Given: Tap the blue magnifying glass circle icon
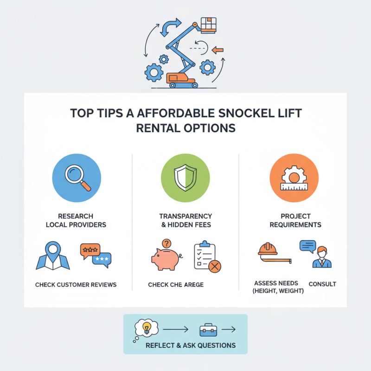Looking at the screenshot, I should pyautogui.click(x=76, y=179).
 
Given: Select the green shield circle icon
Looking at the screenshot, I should pyautogui.click(x=185, y=179).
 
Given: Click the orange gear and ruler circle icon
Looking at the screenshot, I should pyautogui.click(x=294, y=179).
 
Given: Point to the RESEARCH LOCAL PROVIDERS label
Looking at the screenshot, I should pyautogui.click(x=76, y=220).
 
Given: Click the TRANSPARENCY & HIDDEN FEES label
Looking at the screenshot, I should pyautogui.click(x=185, y=220).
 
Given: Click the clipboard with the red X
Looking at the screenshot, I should pyautogui.click(x=206, y=256).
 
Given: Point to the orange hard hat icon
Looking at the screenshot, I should pyautogui.click(x=268, y=249).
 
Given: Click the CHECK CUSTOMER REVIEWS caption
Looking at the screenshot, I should pyautogui.click(x=76, y=284).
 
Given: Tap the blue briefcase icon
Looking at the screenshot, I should pyautogui.click(x=208, y=330).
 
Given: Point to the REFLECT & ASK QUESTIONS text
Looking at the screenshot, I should pyautogui.click(x=191, y=345).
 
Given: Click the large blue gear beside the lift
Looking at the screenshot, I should pyautogui.click(x=153, y=72).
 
